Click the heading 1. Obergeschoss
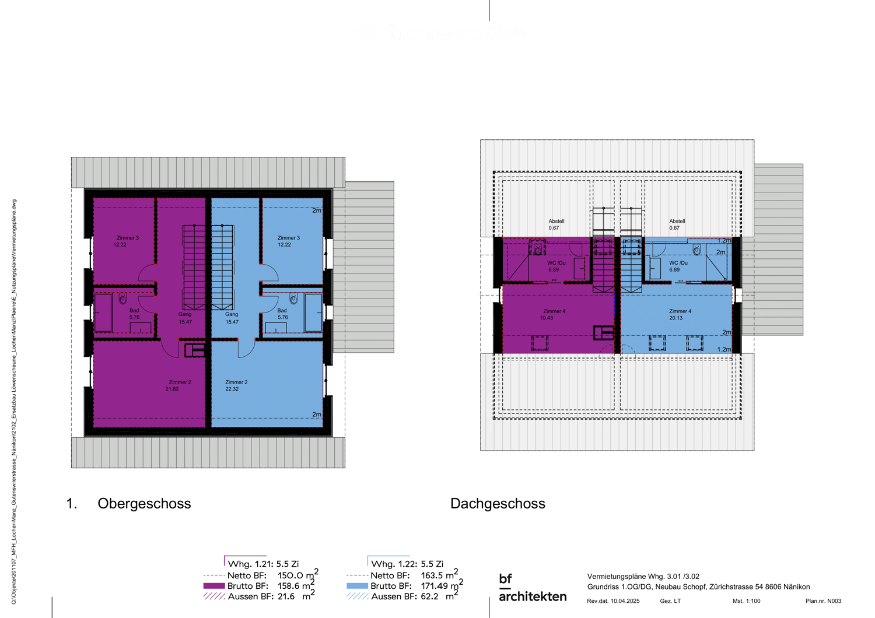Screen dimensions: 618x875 [129, 504]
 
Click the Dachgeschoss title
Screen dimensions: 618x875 [498, 504]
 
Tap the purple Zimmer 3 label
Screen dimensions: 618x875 [128, 238]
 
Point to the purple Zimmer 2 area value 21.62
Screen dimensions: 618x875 [172, 389]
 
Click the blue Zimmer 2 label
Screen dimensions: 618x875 [236, 382]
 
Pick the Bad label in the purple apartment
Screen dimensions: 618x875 [134, 311]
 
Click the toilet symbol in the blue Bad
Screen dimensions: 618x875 [293, 299]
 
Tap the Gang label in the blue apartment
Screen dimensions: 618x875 [232, 314]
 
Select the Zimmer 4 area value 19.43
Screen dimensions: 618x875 [547, 318]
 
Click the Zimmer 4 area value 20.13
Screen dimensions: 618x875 [676, 318]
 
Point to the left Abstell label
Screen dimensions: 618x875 [556, 222]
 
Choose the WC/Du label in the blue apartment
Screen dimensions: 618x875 [678, 263]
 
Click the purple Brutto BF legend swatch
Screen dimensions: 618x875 [213, 586]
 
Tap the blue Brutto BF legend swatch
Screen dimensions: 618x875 [357, 586]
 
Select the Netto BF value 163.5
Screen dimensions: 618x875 [434, 575]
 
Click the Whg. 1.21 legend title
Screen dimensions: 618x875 [263, 564]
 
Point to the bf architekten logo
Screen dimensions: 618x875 [532, 588]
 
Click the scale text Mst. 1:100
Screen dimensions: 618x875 [746, 601]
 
